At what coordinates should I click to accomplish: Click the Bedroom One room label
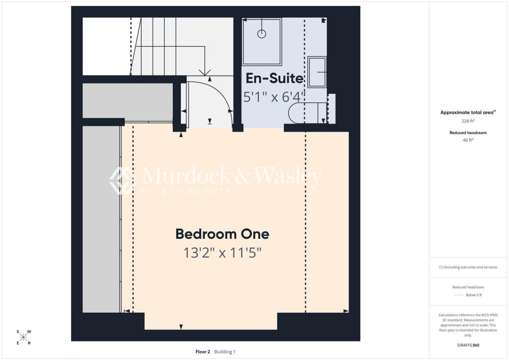click(222, 234)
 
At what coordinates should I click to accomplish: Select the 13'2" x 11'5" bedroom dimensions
click(222, 253)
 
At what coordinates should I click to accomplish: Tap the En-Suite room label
click(274, 78)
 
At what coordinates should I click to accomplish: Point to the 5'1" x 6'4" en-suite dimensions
click(274, 97)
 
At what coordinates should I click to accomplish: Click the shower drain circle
click(261, 34)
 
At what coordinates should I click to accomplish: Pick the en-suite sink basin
click(317, 72)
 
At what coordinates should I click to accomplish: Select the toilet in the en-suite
click(308, 113)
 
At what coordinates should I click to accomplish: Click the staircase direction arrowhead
click(204, 73)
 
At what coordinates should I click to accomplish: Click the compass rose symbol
click(24, 337)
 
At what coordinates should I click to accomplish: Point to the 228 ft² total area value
click(468, 121)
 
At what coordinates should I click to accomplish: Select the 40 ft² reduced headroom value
click(468, 140)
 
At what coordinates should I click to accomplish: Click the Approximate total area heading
click(468, 112)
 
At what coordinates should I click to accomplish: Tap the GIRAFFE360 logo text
click(468, 345)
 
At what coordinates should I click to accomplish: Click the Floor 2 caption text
click(203, 352)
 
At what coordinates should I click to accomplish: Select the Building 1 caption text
click(225, 352)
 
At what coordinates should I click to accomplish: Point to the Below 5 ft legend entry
click(474, 295)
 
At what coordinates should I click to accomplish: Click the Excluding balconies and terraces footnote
click(468, 267)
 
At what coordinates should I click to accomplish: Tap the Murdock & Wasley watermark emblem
click(122, 181)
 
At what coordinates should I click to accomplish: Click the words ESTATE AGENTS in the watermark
click(186, 191)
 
